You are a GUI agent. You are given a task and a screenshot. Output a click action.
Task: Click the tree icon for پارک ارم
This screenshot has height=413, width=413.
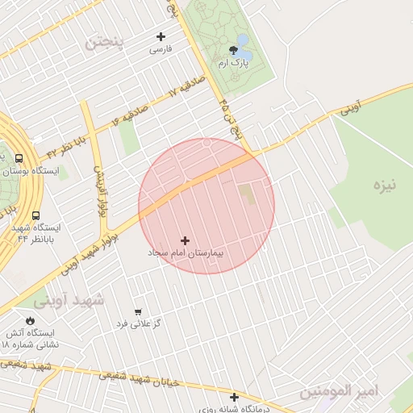click(x=233, y=50)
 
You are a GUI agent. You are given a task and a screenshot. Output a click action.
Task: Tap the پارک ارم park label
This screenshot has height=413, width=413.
click(x=233, y=63)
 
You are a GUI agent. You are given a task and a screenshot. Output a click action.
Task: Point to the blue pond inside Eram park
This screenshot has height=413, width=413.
click(x=242, y=40)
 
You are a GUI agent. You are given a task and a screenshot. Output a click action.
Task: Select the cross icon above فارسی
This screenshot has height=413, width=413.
click(x=161, y=36)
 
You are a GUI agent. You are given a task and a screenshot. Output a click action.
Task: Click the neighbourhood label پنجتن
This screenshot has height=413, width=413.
click(x=107, y=42)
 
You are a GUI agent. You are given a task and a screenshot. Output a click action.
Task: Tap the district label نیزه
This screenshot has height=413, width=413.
click(x=384, y=186)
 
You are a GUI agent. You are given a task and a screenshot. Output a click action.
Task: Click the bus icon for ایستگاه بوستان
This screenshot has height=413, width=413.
click(x=19, y=159)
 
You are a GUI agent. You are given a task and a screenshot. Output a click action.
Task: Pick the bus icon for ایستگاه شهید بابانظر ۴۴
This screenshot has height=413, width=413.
click(x=35, y=215)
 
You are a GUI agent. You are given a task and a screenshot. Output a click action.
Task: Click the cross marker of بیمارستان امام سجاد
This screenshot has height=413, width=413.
click(x=186, y=240)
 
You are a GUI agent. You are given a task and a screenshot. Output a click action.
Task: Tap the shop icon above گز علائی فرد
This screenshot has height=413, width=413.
click(x=138, y=311)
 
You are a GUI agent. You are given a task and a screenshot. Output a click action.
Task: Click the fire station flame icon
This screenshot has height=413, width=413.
click(x=30, y=320)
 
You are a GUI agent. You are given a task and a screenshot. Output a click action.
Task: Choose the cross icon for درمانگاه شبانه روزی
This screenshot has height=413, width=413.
click(x=234, y=397)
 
